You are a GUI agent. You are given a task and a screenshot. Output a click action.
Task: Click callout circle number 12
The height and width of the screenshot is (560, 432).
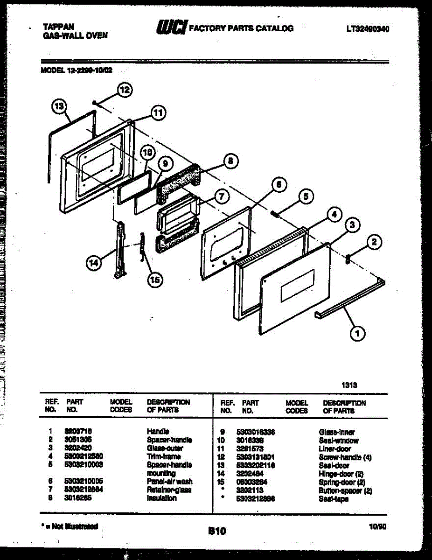pyautogui.click(x=124, y=90)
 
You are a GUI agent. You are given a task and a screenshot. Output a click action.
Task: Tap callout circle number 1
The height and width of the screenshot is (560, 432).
pyautogui.click(x=357, y=333)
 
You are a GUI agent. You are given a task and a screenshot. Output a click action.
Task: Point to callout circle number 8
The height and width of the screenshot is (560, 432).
pyautogui.click(x=230, y=161)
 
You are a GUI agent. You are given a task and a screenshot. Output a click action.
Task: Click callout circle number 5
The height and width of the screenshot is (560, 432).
pyautogui.click(x=306, y=196)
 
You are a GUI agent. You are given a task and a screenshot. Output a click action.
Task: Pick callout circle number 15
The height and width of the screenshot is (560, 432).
pyautogui.click(x=154, y=280)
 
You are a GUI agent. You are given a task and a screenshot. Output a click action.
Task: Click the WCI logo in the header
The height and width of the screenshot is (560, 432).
pyautogui.click(x=171, y=28)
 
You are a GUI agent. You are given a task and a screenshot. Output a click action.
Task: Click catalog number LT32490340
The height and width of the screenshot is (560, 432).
pyautogui.click(x=368, y=29)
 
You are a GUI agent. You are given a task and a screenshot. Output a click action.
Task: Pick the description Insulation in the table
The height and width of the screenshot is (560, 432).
pyautogui.click(x=161, y=498)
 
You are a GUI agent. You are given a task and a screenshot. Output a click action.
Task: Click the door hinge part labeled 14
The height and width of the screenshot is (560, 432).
pyautogui.click(x=119, y=250)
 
